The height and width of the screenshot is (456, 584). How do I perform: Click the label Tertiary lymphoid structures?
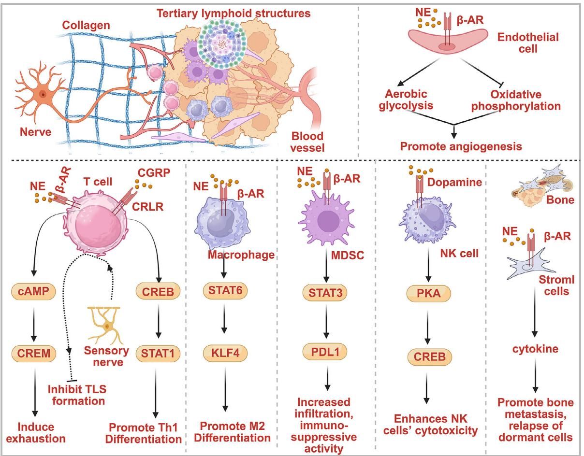233,14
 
